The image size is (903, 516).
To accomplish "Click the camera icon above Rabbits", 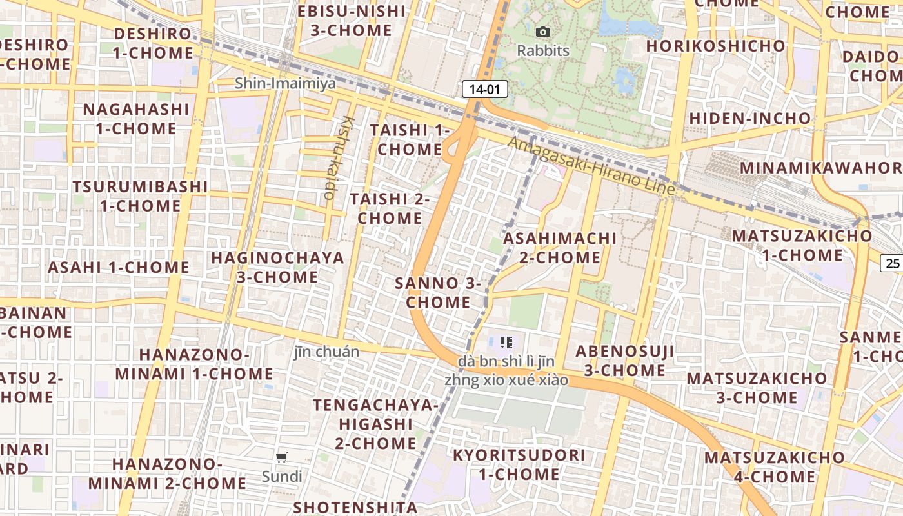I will click(x=543, y=32).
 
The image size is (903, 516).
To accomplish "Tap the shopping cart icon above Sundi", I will click(x=281, y=458).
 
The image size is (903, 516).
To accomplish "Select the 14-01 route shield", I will click(x=485, y=90).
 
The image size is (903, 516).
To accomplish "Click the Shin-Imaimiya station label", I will click(x=285, y=83).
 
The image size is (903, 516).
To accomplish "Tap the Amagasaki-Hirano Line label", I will click(x=591, y=166).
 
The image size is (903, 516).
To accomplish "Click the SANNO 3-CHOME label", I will click(x=439, y=293).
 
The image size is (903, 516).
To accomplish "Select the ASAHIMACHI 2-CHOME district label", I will click(x=560, y=248).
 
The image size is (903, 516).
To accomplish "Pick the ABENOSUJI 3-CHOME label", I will click(x=624, y=361).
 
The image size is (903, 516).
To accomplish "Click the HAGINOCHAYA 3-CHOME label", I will click(x=277, y=267).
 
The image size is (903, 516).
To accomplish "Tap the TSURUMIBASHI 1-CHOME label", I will click(x=140, y=196).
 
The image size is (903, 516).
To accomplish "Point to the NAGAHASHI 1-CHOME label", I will click(x=136, y=119).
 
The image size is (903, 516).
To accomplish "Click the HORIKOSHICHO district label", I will click(x=716, y=46).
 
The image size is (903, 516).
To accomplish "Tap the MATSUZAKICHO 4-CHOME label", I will click(x=774, y=467).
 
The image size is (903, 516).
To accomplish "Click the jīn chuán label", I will click(x=326, y=352).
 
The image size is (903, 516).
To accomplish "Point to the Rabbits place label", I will click(x=543, y=50).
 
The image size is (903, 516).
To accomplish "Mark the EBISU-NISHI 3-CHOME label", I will click(x=352, y=21).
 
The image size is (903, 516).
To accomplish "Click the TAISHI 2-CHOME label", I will click(x=390, y=208).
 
